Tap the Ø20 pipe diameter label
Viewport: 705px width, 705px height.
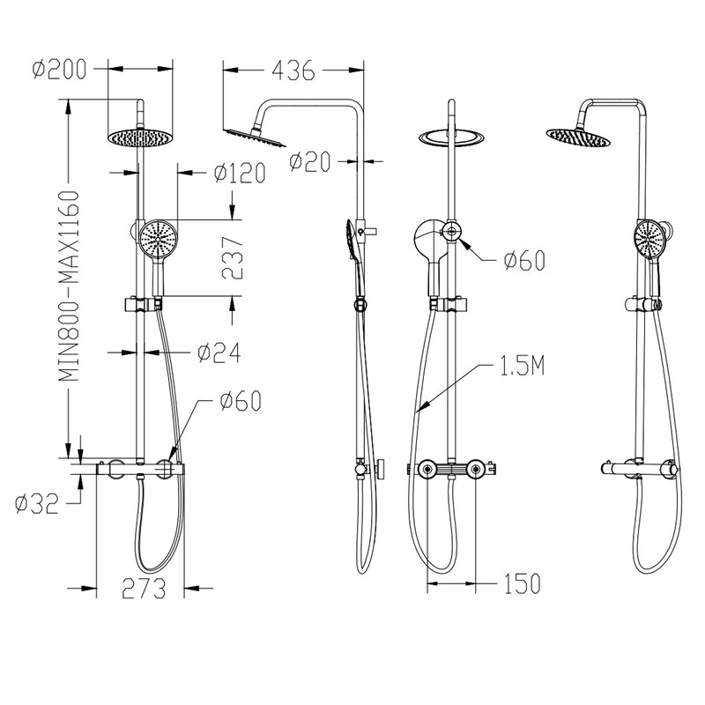coord(309,161)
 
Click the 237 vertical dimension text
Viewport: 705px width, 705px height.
coord(231,257)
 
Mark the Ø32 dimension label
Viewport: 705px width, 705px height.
coord(38,503)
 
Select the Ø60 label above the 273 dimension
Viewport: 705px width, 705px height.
coord(239,402)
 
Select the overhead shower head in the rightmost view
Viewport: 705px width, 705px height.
coord(578,136)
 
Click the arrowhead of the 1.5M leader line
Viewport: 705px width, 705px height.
coord(419,410)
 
